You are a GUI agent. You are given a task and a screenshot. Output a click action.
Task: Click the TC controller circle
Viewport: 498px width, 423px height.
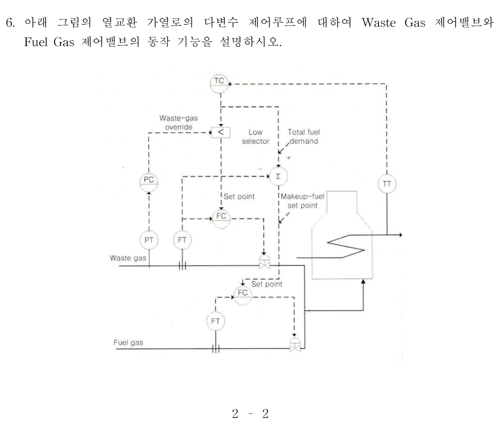pyautogui.click(x=219, y=82)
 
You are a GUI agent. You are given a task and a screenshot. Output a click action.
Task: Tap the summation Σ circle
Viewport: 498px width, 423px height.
pyautogui.click(x=278, y=176)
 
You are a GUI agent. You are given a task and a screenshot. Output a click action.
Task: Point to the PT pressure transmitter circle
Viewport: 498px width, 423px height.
pyautogui.click(x=149, y=240)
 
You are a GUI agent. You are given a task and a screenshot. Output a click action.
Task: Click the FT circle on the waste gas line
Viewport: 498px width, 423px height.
pyautogui.click(x=182, y=240)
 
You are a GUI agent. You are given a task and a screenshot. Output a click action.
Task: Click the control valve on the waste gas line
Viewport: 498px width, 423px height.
pyautogui.click(x=263, y=264)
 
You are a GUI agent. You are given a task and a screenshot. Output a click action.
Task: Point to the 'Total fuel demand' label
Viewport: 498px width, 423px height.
pyautogui.click(x=304, y=136)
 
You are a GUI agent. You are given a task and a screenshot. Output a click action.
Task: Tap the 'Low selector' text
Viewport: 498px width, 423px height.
pyautogui.click(x=255, y=137)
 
